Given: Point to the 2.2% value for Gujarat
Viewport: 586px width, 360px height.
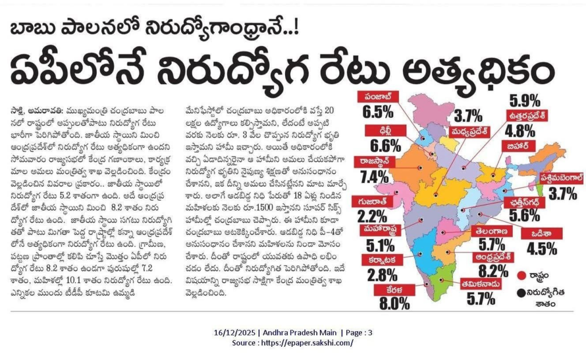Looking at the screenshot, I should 372,217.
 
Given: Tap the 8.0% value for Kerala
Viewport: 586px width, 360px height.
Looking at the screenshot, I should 394,303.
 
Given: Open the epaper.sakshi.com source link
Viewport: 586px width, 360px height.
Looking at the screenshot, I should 308,343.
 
